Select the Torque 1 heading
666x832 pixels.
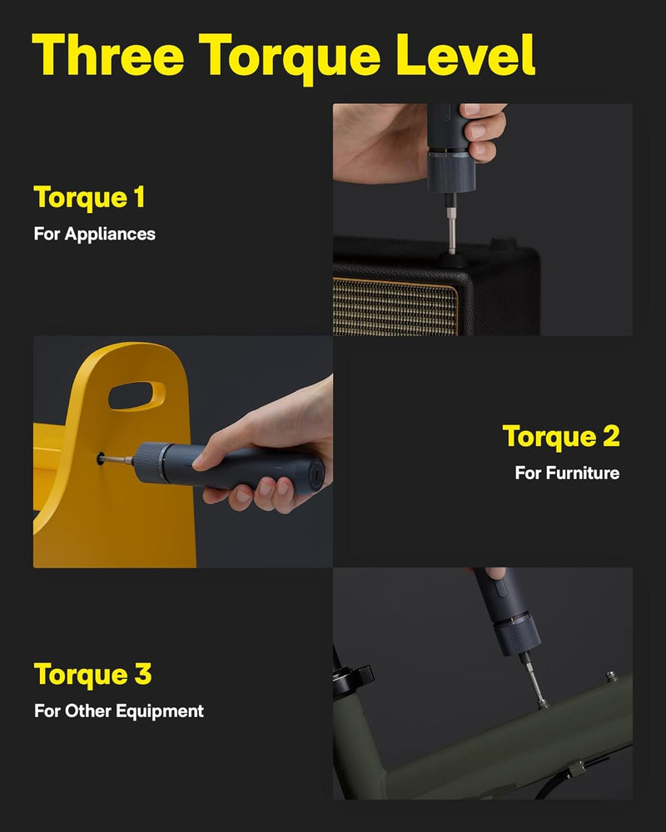coord(89,197)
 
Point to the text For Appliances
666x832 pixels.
coord(94,234)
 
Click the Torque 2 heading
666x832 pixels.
coord(560,436)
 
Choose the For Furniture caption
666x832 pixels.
coord(567,473)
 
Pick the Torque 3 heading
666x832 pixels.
coord(92,674)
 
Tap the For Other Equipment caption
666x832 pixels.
coord(118,711)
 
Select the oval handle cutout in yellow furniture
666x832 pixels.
coord(137,394)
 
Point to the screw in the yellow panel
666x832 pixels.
coord(101,458)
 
